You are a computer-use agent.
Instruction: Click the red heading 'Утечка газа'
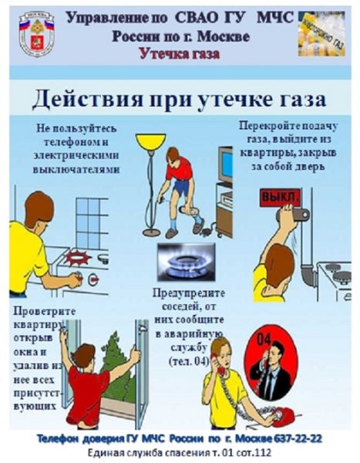180,53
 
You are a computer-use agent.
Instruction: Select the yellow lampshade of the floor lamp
150,141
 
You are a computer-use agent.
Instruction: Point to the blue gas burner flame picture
181,261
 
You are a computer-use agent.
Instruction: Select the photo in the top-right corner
323,33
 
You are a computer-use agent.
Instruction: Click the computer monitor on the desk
224,164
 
